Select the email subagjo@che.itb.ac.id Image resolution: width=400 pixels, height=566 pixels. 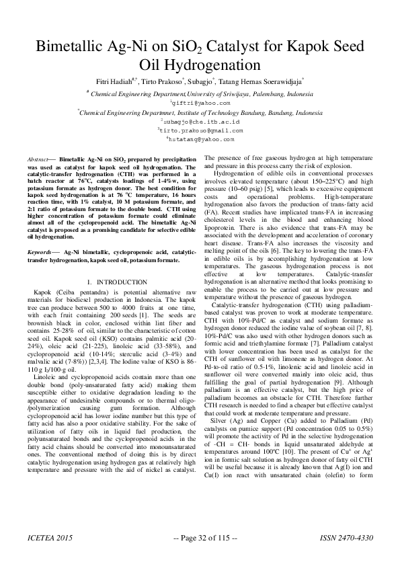200,122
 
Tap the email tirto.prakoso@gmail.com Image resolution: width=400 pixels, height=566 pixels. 200,130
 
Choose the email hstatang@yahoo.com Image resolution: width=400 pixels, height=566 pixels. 200,139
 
